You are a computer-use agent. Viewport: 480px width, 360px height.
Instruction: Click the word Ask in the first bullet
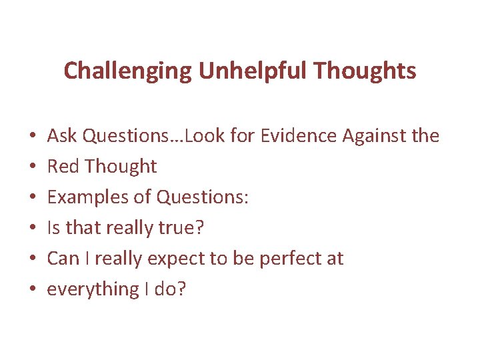coord(62,136)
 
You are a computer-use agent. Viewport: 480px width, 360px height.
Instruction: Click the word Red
coord(61,167)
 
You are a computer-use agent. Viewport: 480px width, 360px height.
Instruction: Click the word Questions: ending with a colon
coord(201,197)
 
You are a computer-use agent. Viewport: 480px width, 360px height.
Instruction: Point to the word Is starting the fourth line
coord(53,228)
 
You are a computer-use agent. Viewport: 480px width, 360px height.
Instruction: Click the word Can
coord(63,259)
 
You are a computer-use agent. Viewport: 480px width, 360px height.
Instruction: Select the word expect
coord(175,259)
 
